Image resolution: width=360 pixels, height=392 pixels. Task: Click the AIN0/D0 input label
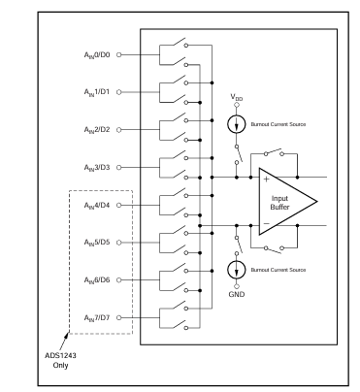point(97,55)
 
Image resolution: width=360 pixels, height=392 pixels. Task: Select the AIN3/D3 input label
point(97,168)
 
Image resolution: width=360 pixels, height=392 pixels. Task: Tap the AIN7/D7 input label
point(97,318)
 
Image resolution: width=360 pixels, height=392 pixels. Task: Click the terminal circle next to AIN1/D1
point(118,92)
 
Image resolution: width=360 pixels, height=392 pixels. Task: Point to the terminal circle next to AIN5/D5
point(118,243)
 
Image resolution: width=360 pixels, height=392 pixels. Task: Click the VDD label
point(237,97)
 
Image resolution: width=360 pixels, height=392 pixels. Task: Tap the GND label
point(237,294)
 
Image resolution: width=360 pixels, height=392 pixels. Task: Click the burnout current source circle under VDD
point(237,124)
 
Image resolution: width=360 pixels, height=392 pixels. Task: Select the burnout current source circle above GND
point(237,270)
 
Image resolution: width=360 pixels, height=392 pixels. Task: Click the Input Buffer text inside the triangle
point(279,203)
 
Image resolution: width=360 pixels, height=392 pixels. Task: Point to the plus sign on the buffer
point(266,180)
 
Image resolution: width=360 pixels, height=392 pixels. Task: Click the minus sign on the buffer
point(267,223)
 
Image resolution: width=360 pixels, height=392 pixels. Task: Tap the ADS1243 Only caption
point(60,360)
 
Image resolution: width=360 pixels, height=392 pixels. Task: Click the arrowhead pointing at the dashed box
point(67,336)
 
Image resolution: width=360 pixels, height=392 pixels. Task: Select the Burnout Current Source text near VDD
point(278,124)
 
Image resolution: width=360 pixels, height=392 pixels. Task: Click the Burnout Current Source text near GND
point(278,270)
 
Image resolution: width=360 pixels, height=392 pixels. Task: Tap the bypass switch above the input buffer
point(274,153)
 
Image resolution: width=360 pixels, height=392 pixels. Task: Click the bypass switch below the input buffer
point(274,249)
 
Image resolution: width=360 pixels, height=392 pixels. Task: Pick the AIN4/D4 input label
point(97,206)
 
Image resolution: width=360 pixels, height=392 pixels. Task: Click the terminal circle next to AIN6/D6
point(118,280)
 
